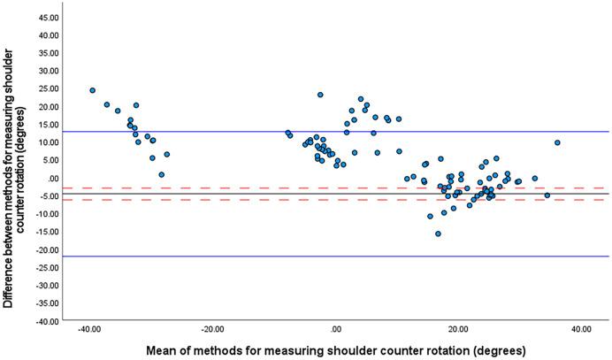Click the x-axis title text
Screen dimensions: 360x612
click(x=335, y=349)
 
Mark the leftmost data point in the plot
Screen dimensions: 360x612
click(x=92, y=90)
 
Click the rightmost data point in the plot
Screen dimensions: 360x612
click(x=557, y=142)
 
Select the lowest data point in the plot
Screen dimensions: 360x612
click(x=437, y=234)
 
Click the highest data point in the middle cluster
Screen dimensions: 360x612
click(x=320, y=95)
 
